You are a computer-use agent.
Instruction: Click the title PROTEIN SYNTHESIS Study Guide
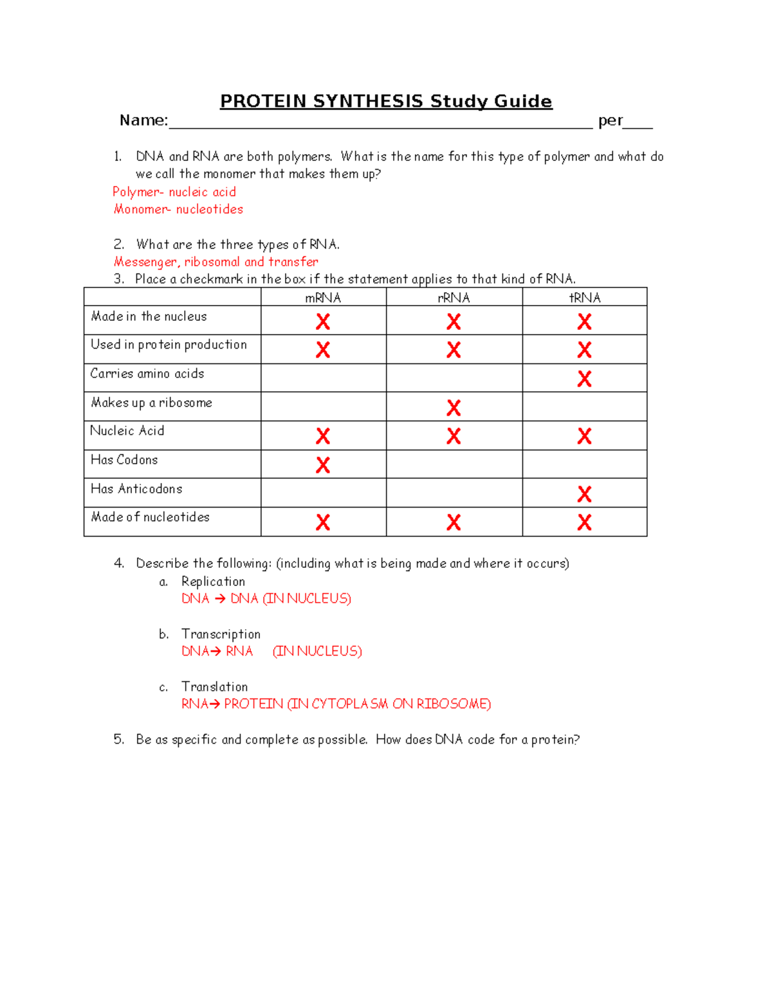386,102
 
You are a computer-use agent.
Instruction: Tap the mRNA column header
323,297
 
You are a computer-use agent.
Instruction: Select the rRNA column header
454,297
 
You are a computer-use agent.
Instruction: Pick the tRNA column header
584,297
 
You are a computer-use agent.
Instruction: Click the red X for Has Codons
323,465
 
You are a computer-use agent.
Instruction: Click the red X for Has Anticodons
584,494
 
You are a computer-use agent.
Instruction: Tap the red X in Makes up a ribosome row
454,408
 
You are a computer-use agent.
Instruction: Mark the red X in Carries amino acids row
584,379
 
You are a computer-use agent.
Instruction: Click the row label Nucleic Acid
127,431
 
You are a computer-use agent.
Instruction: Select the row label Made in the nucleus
149,316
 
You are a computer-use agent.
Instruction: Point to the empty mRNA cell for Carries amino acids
323,378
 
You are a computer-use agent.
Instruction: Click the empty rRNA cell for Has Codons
454,464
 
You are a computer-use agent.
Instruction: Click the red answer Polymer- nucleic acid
174,192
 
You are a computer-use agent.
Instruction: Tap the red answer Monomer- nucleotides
178,209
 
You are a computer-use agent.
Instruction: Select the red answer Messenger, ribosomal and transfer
216,262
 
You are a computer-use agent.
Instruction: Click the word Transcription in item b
221,634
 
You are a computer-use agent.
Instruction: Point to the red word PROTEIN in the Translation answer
253,704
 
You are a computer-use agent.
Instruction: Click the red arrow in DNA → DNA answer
220,599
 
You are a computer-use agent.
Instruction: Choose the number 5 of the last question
118,739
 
